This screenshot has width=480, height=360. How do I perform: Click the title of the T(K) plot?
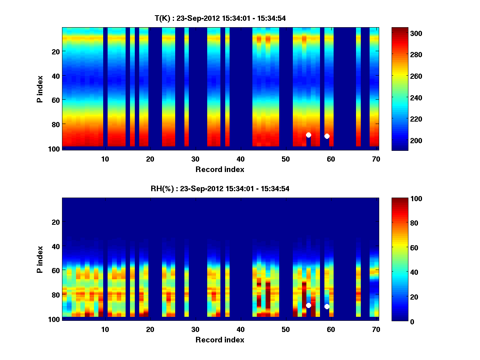pos(220,18)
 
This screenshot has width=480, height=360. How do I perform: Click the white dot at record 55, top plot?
pos(308,135)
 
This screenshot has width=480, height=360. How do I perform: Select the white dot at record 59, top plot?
pos(327,136)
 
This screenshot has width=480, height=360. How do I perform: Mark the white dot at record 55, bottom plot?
pos(308,305)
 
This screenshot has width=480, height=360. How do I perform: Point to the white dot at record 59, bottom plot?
pos(327,306)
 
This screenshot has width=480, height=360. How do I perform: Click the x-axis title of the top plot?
pos(220,169)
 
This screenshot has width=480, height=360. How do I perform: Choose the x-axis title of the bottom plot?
pos(220,340)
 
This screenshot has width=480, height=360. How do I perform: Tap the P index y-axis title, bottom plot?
pos(40,259)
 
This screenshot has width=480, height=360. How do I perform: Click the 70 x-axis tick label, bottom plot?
pos(376,329)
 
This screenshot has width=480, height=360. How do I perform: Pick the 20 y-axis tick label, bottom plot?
pos(56,222)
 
